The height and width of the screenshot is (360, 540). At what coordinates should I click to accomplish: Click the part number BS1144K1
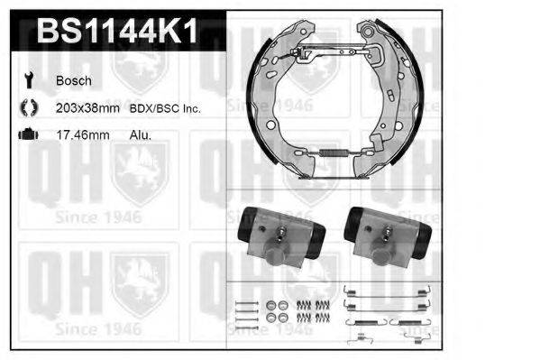coord(116,33)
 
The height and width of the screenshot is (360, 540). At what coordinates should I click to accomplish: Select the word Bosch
coord(74,81)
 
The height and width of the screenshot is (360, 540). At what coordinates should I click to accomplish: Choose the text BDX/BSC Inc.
coord(167,108)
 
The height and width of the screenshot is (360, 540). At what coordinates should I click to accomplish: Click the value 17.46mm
coord(84,134)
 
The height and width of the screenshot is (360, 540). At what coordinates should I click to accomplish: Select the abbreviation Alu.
coord(139,134)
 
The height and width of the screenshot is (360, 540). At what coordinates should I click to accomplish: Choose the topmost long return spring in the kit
coord(371,290)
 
